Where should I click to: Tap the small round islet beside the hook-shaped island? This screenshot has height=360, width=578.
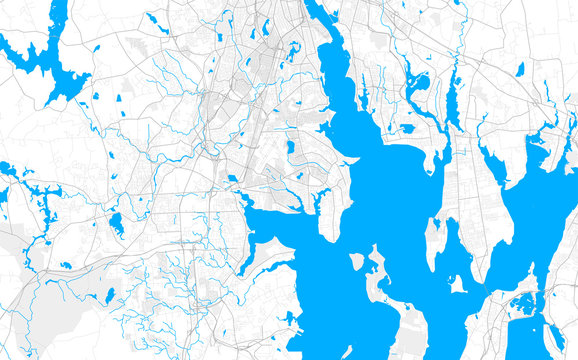pyautogui.click(x=357, y=261)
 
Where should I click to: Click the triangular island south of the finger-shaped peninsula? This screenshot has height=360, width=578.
pyautogui.click(x=458, y=284)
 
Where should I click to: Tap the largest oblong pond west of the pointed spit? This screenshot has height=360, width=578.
pyautogui.click(x=290, y=147)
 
